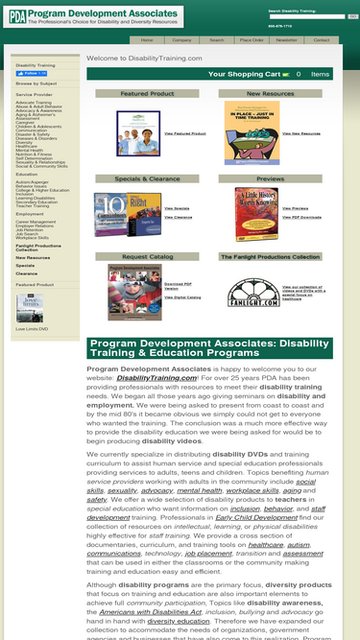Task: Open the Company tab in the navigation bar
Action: [x=181, y=40]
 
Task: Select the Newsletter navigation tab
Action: [x=287, y=40]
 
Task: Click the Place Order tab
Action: [x=252, y=40]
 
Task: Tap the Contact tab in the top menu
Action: [x=321, y=40]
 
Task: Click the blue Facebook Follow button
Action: [x=30, y=74]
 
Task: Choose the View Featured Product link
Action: [x=185, y=133]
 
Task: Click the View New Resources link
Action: [x=297, y=133]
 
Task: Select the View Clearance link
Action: [x=178, y=217]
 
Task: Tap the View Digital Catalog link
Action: [x=182, y=297]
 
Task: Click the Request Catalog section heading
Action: [x=148, y=257]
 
